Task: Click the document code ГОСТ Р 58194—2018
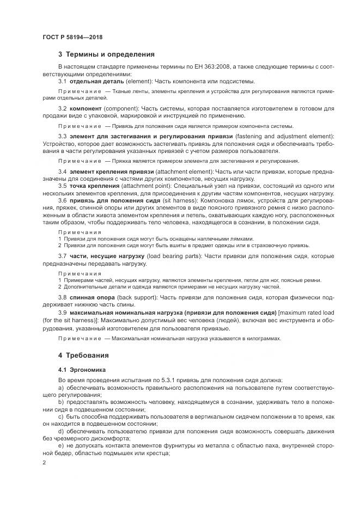tap(72, 36)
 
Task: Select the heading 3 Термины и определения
tap(106, 54)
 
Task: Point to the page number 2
tap(44, 462)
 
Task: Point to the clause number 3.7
tap(62, 255)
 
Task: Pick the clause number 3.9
tap(62, 312)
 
